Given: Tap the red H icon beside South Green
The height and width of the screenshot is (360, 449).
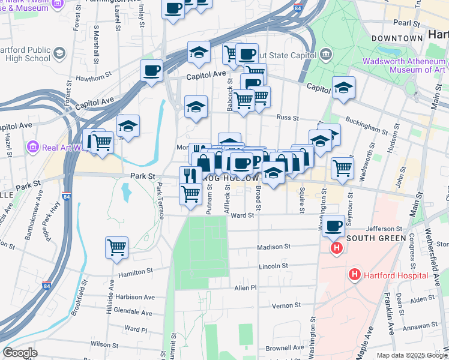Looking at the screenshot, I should coord(337,247).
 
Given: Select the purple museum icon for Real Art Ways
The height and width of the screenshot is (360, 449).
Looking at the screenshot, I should coord(33,147).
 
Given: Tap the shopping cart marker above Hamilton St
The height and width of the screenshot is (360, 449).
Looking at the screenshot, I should coord(116,247).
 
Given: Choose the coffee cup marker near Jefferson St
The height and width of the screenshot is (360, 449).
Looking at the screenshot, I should coord(334,226).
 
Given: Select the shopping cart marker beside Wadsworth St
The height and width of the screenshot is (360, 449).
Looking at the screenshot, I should coord(342,168).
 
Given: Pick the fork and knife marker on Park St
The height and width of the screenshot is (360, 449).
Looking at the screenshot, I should coord(190,176).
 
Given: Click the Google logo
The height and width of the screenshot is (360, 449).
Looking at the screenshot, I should coord(20,353).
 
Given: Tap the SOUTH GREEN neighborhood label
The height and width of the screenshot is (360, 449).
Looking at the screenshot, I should coord(374,238).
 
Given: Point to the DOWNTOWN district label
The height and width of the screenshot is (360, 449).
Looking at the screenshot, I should coord(397,38).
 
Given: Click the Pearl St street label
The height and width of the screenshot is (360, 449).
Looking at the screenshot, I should coord(406,22).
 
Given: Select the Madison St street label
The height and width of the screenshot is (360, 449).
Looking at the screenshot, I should coord(274,247).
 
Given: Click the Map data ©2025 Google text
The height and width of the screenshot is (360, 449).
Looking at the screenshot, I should coord(412,355).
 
